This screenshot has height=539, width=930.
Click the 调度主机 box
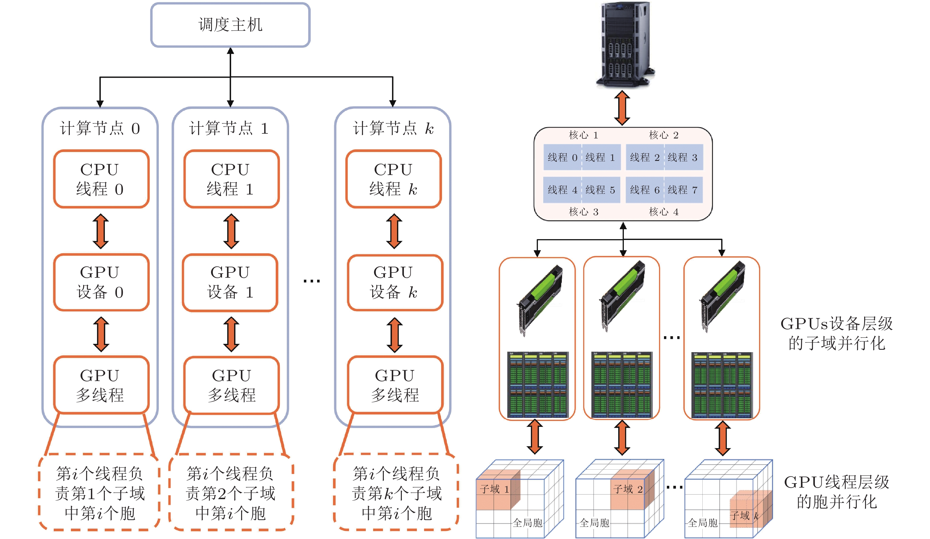click(x=230, y=25)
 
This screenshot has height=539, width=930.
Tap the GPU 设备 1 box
click(x=230, y=282)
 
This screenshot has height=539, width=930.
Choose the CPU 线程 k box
click(x=393, y=179)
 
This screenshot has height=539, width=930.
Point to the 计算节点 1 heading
click(x=229, y=128)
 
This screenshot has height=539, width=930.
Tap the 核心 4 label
click(x=664, y=212)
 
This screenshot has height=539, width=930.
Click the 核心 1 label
click(x=583, y=135)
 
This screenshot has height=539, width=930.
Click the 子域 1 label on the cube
click(x=495, y=489)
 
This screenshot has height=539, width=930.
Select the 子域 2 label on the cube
click(x=628, y=489)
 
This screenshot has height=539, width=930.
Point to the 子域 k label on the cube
click(x=744, y=515)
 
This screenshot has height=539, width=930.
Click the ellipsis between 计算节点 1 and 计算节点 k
click(x=311, y=281)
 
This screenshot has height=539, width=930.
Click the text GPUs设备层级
click(x=836, y=324)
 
